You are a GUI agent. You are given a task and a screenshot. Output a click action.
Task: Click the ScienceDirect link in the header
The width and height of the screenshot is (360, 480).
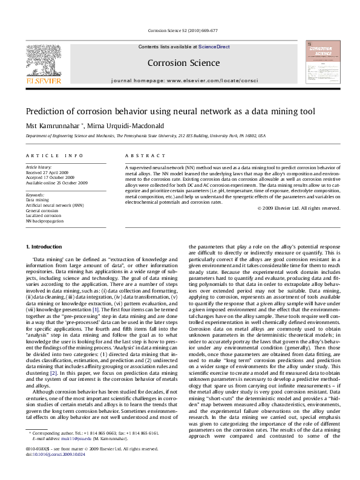point(214,47)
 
